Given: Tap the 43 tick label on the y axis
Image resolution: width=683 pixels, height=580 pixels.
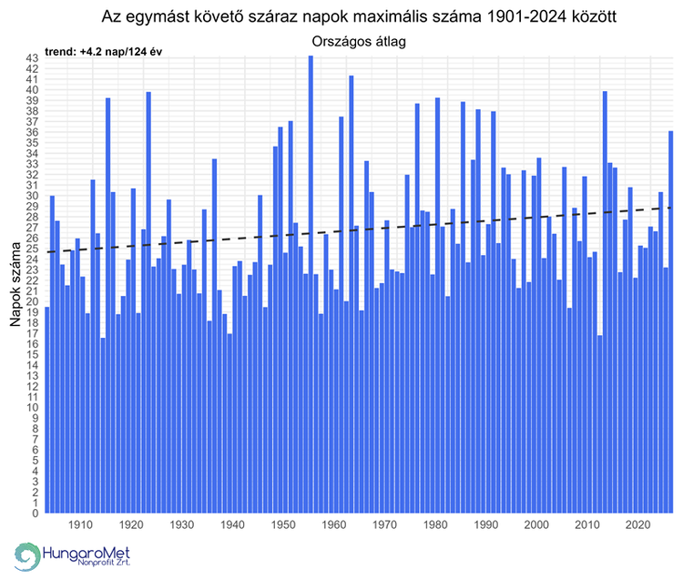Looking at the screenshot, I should pos(31,58).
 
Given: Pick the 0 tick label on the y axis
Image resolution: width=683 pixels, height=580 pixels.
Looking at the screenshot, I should pos(35,513).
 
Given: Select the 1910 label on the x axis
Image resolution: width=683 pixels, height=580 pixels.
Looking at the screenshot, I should pos(80,525).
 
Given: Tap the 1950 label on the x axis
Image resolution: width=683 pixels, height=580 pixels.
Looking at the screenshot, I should pos(283,525).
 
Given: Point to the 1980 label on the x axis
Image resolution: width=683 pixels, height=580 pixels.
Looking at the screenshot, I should pos(436,525).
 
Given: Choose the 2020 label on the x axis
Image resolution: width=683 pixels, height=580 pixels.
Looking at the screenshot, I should pos(639,525).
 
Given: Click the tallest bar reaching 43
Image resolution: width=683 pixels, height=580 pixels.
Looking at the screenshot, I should pos(311,273).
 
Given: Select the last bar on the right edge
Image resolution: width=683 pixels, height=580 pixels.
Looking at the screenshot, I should pos(671,319).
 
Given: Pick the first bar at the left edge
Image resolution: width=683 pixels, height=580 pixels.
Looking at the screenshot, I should pos(47,410).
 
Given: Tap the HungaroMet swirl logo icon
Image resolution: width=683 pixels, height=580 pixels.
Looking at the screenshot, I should pos(28,556).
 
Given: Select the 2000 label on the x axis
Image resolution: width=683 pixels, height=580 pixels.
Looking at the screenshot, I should pos(537,525).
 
